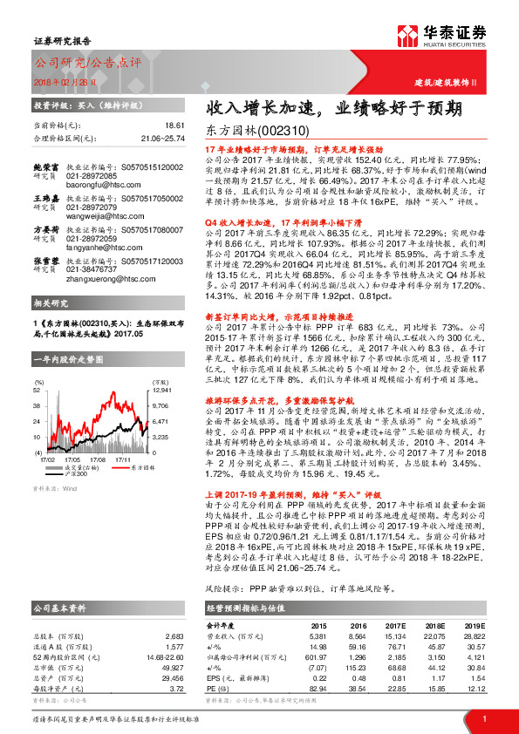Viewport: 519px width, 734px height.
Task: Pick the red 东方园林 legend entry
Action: (x=135, y=467)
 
